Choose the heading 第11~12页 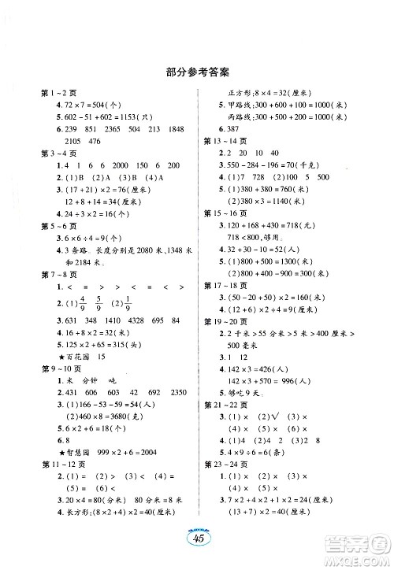53,468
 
